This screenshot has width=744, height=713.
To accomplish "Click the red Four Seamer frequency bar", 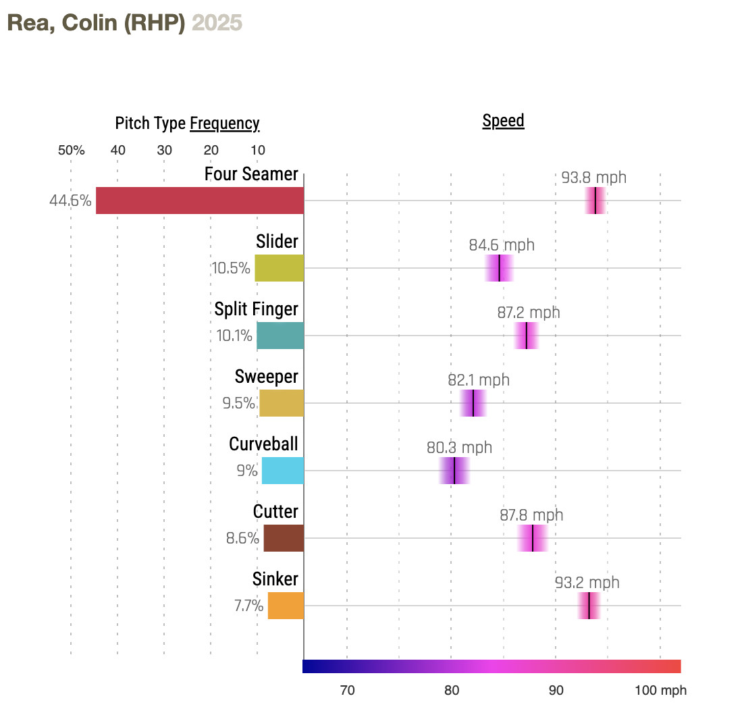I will [200, 201].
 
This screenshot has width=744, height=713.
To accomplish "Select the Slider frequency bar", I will [279, 268].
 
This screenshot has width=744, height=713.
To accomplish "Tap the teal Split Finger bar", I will [280, 336].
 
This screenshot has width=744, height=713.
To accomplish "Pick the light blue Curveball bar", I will [283, 471].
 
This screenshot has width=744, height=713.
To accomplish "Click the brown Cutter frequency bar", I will [284, 538].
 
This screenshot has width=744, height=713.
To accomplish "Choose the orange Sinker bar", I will [286, 606].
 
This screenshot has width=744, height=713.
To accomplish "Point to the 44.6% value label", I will [70, 201].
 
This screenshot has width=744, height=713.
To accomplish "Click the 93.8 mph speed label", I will [594, 178].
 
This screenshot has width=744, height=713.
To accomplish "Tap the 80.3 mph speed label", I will [459, 448].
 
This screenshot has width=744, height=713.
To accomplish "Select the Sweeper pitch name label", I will [267, 377].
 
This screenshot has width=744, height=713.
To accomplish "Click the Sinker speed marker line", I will [589, 606].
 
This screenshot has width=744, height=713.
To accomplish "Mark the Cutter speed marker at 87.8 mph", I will [533, 538].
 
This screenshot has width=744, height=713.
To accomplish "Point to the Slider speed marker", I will [499, 268].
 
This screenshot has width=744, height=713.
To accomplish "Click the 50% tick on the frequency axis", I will [72, 150].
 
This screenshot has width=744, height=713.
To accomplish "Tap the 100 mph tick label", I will [660, 691].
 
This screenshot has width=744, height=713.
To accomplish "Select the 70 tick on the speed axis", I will [347, 691].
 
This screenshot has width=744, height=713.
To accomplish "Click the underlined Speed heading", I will [503, 122].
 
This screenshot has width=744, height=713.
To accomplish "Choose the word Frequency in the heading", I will [225, 124].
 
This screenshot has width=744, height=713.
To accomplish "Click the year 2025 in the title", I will [217, 23].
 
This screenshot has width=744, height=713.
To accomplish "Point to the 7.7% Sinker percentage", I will [248, 606].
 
